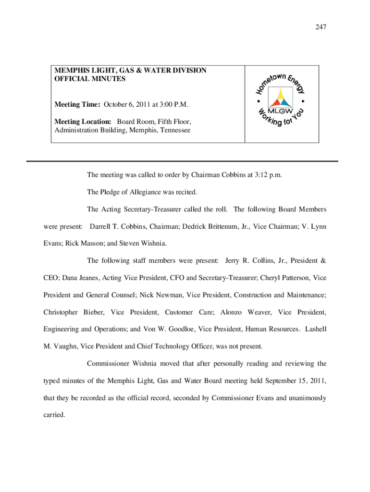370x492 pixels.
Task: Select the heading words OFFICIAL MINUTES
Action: [x=90, y=79]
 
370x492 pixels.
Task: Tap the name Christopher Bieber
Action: [x=73, y=312]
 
